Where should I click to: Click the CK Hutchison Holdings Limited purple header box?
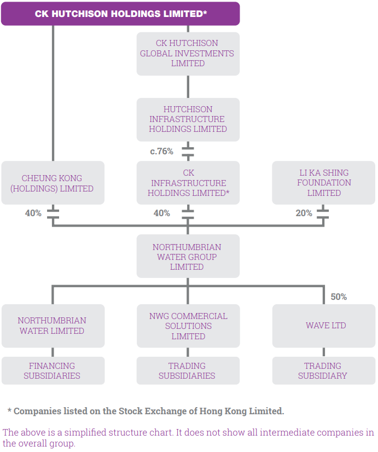pyautogui.click(x=120, y=14)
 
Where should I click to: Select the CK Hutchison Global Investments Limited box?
pyautogui.click(x=188, y=54)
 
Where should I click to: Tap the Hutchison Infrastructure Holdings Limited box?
pyautogui.click(x=188, y=119)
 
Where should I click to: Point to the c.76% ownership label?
pyautogui.click(x=161, y=152)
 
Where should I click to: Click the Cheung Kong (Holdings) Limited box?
pyautogui.click(x=53, y=183)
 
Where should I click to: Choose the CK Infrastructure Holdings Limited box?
pyautogui.click(x=188, y=183)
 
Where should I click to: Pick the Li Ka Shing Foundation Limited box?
pyautogui.click(x=323, y=183)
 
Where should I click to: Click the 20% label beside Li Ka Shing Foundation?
pyautogui.click(x=304, y=213)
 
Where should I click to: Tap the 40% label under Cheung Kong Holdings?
pyautogui.click(x=33, y=213)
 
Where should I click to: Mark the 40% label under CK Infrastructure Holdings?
pyautogui.click(x=161, y=213)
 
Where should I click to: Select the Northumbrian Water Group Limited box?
pyautogui.click(x=188, y=256)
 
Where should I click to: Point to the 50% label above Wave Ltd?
pyautogui.click(x=339, y=297)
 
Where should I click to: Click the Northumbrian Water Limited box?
pyautogui.click(x=53, y=326)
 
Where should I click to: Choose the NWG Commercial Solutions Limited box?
pyautogui.click(x=188, y=326)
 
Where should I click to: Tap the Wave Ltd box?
pyautogui.click(x=324, y=326)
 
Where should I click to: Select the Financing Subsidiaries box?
pyautogui.click(x=53, y=370)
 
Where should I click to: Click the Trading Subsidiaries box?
pyautogui.click(x=188, y=370)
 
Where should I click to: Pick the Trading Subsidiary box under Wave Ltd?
pyautogui.click(x=324, y=370)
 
